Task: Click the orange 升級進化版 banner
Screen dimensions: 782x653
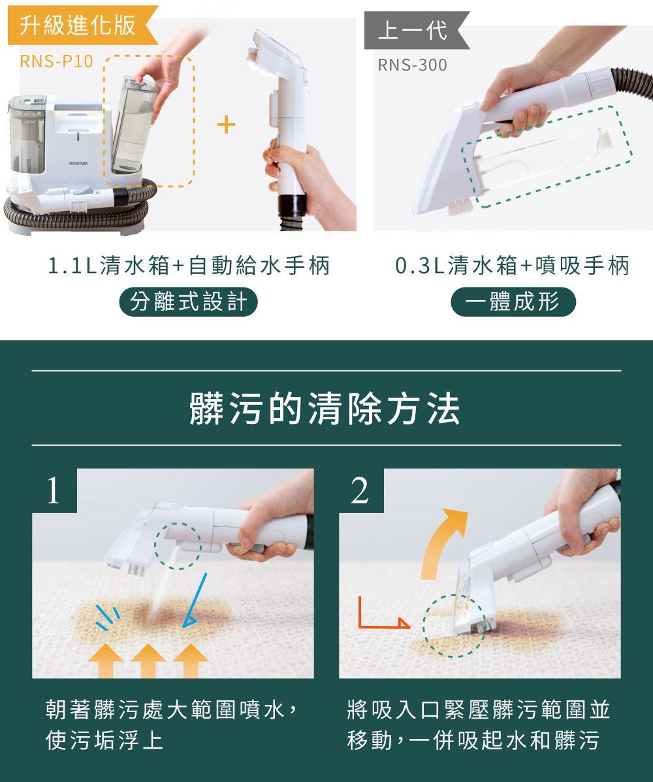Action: pyautogui.click(x=78, y=25)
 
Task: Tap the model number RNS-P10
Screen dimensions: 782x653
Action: pyautogui.click(x=56, y=62)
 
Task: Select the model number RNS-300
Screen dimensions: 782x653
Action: pyautogui.click(x=412, y=65)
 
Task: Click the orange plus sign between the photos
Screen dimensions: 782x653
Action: pyautogui.click(x=226, y=125)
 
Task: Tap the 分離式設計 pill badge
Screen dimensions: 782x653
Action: pyautogui.click(x=188, y=302)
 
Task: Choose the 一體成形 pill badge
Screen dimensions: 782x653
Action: pyautogui.click(x=513, y=302)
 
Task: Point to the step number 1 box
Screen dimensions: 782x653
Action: pyautogui.click(x=54, y=491)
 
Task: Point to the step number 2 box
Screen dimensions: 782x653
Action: pyautogui.click(x=360, y=491)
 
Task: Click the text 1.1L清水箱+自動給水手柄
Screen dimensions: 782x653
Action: pyautogui.click(x=189, y=266)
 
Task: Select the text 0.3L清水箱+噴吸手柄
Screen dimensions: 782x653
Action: pyautogui.click(x=513, y=266)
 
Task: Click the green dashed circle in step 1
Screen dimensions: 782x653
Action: pyautogui.click(x=179, y=545)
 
